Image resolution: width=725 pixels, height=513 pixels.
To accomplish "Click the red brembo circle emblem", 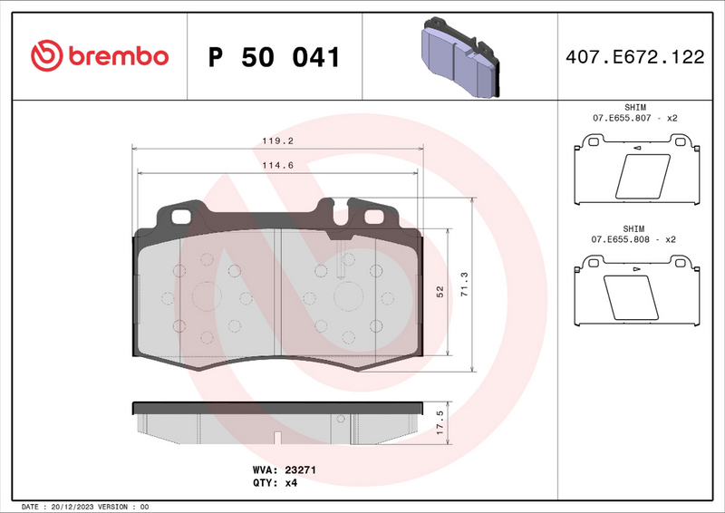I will click(44, 56).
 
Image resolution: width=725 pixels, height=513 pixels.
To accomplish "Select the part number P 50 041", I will click(274, 58).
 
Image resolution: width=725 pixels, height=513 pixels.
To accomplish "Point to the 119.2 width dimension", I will click(277, 141).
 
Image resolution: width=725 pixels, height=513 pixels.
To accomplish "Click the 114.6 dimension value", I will click(277, 164).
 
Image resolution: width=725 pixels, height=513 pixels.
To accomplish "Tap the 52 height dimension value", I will click(440, 292).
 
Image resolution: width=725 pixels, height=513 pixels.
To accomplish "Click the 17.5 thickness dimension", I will click(440, 422).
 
